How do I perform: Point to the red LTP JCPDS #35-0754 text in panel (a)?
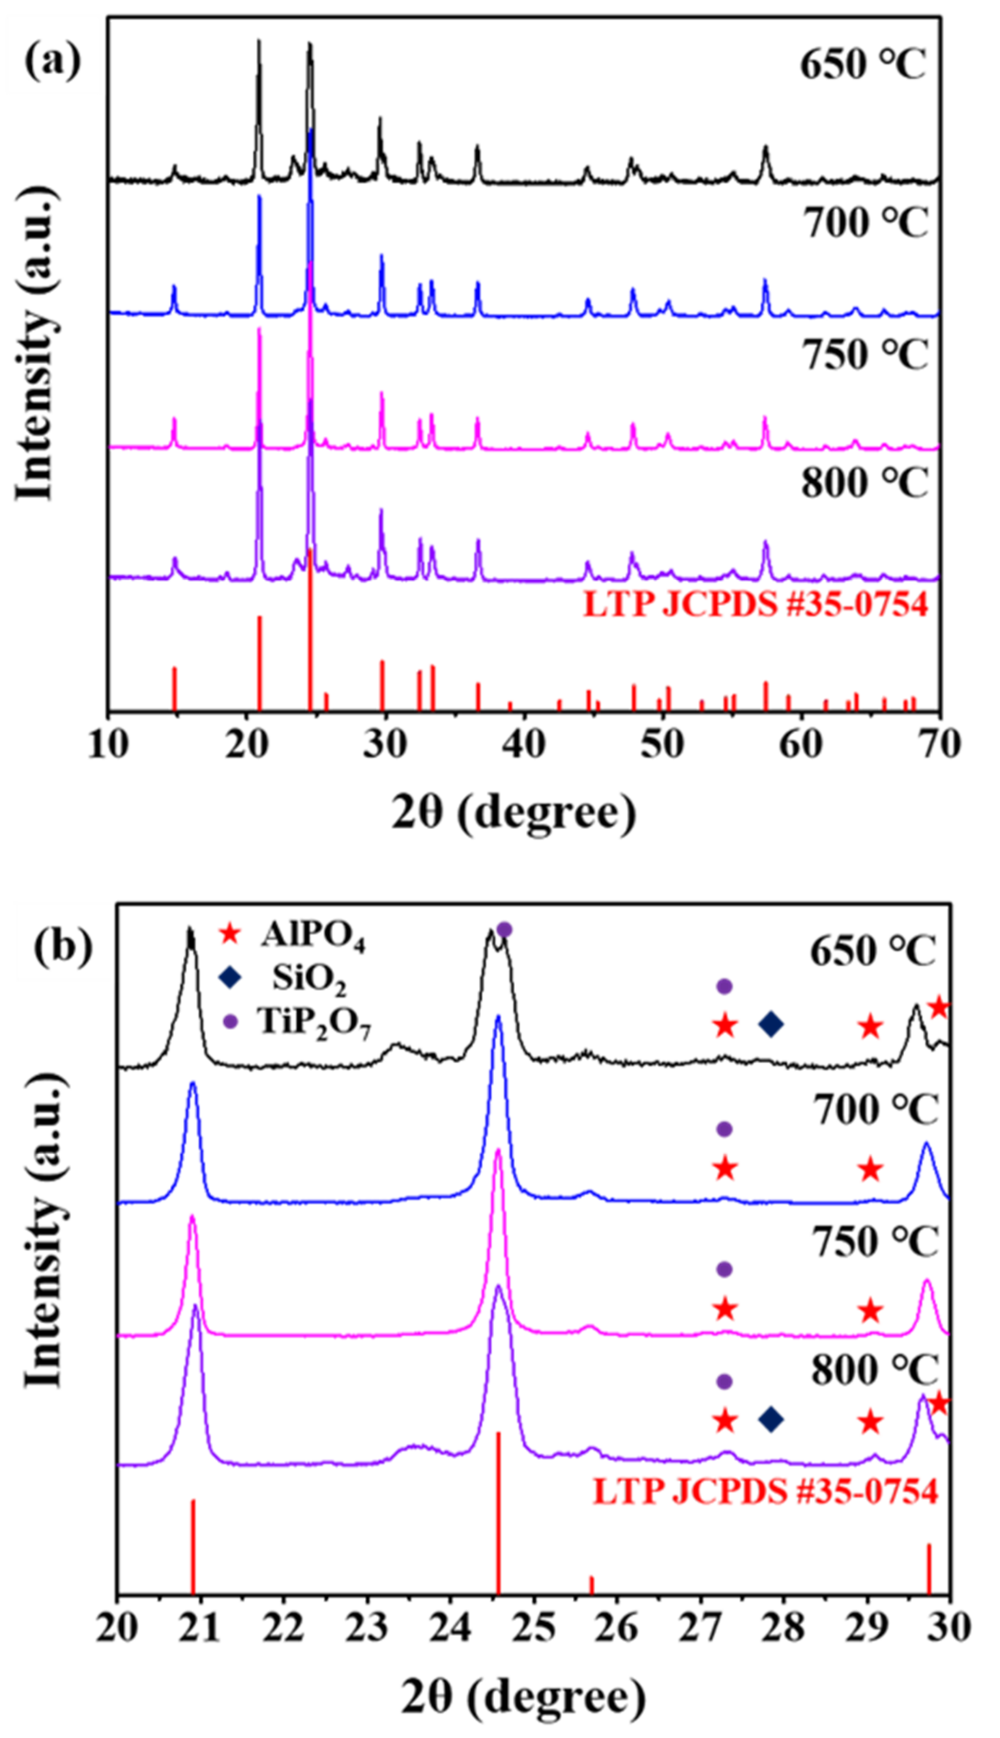tap(755, 605)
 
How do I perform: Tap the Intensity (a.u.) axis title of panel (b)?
tap(47, 1250)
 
